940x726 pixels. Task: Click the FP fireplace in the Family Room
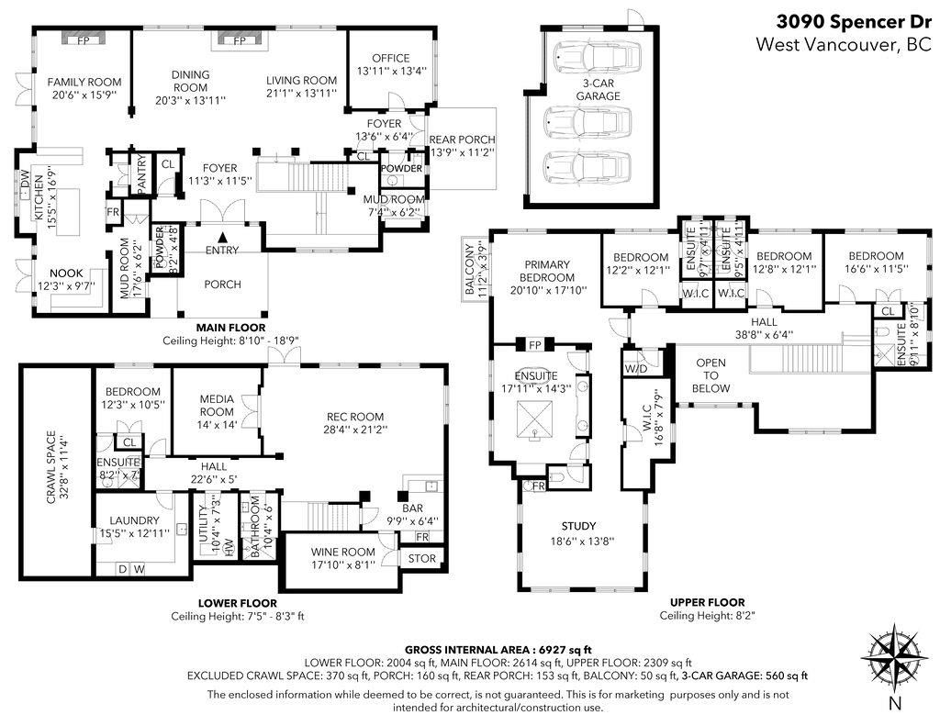pos(84,39)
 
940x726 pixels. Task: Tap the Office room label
pos(391,58)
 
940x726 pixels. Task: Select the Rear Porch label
pos(463,140)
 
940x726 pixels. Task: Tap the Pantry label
pos(141,174)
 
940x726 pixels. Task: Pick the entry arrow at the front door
pos(222,237)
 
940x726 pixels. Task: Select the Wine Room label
pos(343,552)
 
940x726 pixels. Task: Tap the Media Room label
pos(217,406)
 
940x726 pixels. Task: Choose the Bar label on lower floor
pos(412,508)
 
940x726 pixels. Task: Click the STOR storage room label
pos(422,558)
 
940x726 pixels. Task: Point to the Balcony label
pos(469,269)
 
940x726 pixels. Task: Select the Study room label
pos(578,526)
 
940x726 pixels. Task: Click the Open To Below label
pos(711,375)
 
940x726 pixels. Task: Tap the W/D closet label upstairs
pos(636,369)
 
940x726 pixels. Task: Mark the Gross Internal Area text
pos(498,649)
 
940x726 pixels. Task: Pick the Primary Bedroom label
pos(547,271)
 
